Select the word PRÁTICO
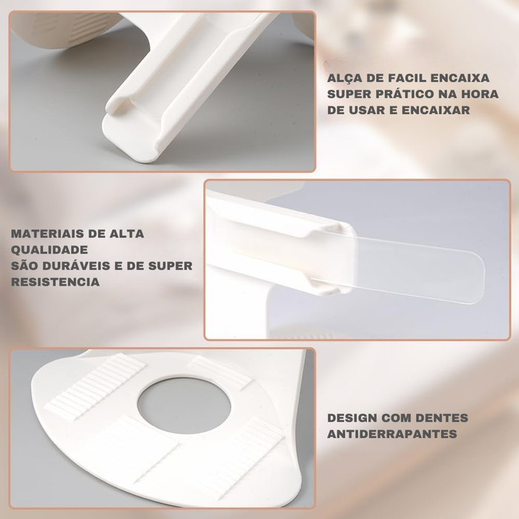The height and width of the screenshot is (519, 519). tap(404, 93)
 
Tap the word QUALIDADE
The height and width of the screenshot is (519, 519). tap(50, 250)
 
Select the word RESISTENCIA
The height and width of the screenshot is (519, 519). tap(56, 282)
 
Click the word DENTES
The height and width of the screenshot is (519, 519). tap(442, 417)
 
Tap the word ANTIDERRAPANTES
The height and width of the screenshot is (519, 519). tap(392, 434)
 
